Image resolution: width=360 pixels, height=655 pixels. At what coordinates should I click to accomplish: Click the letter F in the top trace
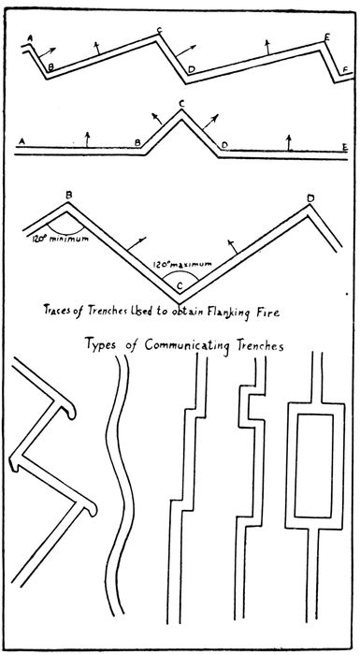[346, 69]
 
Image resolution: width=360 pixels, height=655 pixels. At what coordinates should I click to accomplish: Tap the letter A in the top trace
[31, 37]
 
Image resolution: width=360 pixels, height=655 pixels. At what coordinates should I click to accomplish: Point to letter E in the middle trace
[345, 147]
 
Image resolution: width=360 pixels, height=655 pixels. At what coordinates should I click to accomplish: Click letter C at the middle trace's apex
[181, 103]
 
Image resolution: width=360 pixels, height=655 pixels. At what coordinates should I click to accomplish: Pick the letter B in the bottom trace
[68, 195]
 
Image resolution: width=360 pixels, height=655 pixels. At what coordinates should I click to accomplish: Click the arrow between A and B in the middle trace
[86, 140]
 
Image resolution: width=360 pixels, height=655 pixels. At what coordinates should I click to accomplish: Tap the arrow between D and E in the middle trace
[290, 140]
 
